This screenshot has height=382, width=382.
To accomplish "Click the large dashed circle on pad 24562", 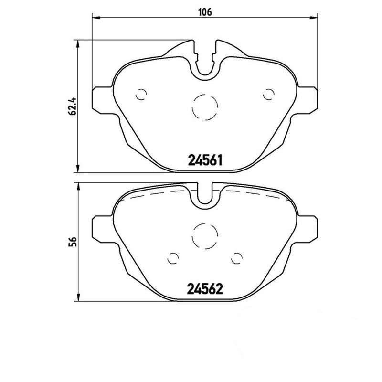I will click(204, 236).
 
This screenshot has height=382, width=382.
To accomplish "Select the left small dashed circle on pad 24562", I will click(173, 258).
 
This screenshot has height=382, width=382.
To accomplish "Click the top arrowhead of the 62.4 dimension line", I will click(78, 44).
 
